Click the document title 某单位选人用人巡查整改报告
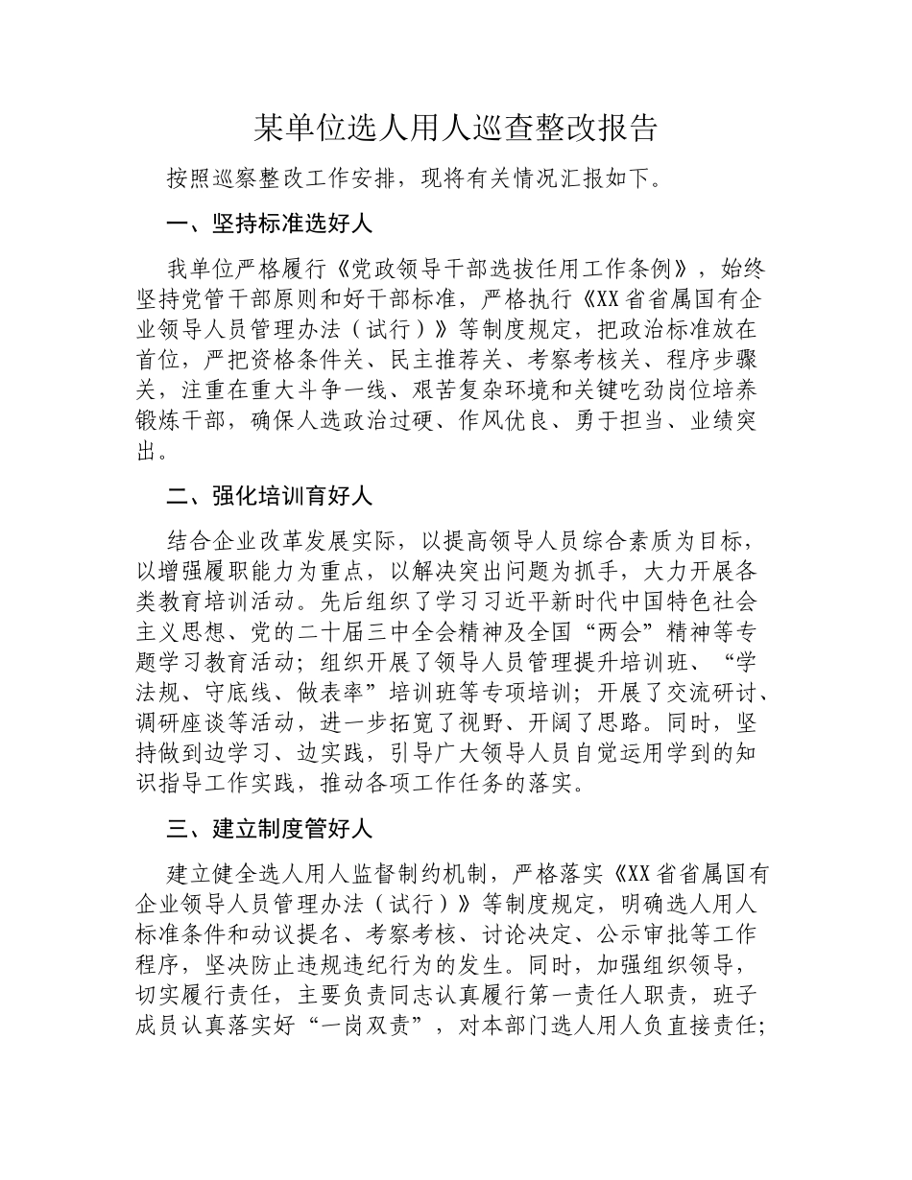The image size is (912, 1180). [456, 128]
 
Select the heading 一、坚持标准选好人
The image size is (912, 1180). [270, 225]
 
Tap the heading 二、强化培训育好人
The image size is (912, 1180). [270, 496]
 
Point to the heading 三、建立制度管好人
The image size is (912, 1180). [270, 828]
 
